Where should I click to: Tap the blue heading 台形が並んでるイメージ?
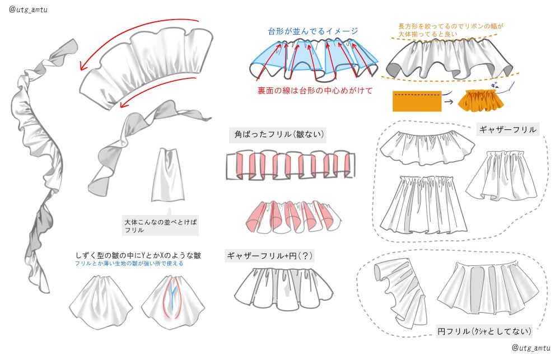click(x=313, y=31)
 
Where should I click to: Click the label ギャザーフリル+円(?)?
click(x=270, y=256)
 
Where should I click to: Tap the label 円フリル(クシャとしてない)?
click(x=484, y=331)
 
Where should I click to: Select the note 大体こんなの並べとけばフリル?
click(x=161, y=226)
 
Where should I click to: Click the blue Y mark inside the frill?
click(x=174, y=290)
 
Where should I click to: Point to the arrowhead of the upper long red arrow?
click(x=82, y=68)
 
